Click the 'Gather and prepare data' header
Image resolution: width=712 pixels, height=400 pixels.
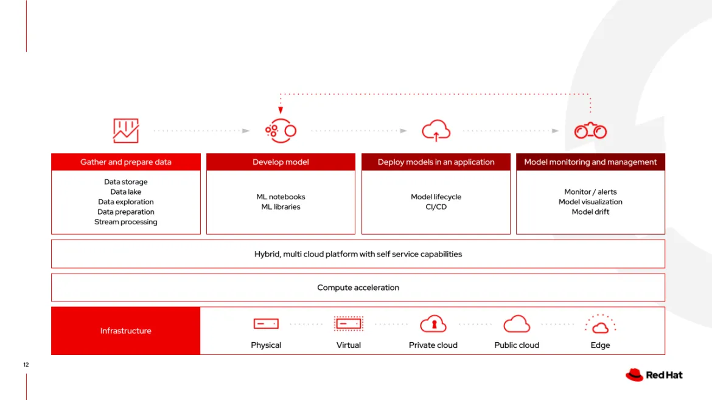(x=125, y=162)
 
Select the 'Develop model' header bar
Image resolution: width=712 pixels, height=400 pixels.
(x=281, y=162)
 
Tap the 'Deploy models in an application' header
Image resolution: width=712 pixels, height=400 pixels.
(x=436, y=162)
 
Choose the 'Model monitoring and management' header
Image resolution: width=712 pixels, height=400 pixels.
(x=590, y=162)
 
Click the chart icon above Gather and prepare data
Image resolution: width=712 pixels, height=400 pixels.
(x=126, y=131)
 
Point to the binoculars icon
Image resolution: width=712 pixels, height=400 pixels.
(x=590, y=131)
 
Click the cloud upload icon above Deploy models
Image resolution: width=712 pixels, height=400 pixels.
(x=436, y=131)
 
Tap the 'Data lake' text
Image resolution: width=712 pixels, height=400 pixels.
(x=126, y=192)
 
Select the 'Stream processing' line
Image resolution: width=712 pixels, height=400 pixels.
(x=126, y=222)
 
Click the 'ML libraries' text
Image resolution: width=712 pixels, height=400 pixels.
(x=281, y=207)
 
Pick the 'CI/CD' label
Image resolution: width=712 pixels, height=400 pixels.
(x=436, y=207)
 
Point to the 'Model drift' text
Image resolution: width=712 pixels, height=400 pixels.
(x=590, y=212)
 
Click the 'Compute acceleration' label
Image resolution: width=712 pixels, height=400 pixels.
(x=358, y=288)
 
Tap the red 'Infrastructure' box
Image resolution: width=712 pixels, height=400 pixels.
(x=126, y=331)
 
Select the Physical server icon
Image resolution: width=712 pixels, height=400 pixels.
(x=266, y=324)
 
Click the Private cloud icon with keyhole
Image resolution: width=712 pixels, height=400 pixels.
(x=433, y=324)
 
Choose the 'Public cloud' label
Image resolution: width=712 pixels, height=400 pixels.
(x=517, y=345)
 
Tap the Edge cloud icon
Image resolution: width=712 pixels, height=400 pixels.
(x=600, y=325)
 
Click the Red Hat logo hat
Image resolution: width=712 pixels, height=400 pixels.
(x=634, y=374)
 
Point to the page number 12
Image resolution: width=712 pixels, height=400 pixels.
(x=26, y=365)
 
